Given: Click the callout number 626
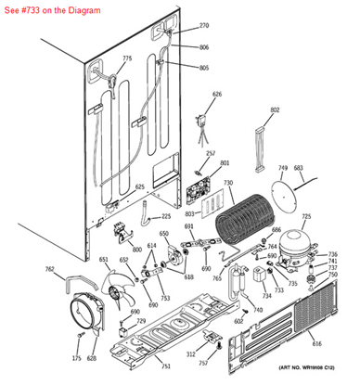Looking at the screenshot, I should pos(217,95).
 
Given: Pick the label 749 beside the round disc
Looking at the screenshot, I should pos(283,169).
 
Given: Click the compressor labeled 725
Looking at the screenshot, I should pos(297,246).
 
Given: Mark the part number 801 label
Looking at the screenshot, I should pos(225,163).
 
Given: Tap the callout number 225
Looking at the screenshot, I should pos(166,216).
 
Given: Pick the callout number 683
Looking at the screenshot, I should pos(299,169).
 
